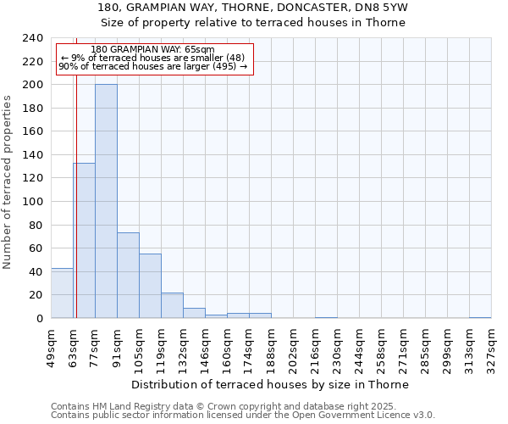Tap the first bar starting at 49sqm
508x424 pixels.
[x=62, y=293]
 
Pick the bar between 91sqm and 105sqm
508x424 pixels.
[x=128, y=276]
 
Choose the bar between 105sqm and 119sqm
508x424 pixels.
[x=150, y=286]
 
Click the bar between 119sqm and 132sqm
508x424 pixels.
[x=172, y=305]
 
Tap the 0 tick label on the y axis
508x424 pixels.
[x=39, y=319]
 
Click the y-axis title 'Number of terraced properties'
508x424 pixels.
[x=8, y=181]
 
